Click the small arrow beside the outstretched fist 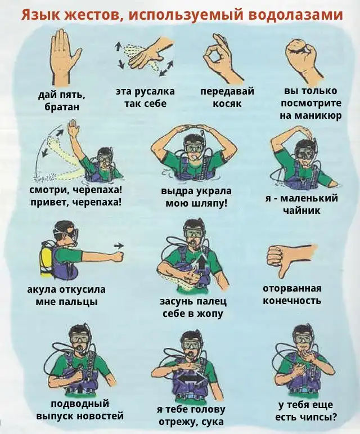[119, 245]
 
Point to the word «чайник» [301, 211]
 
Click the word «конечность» [292, 301]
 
